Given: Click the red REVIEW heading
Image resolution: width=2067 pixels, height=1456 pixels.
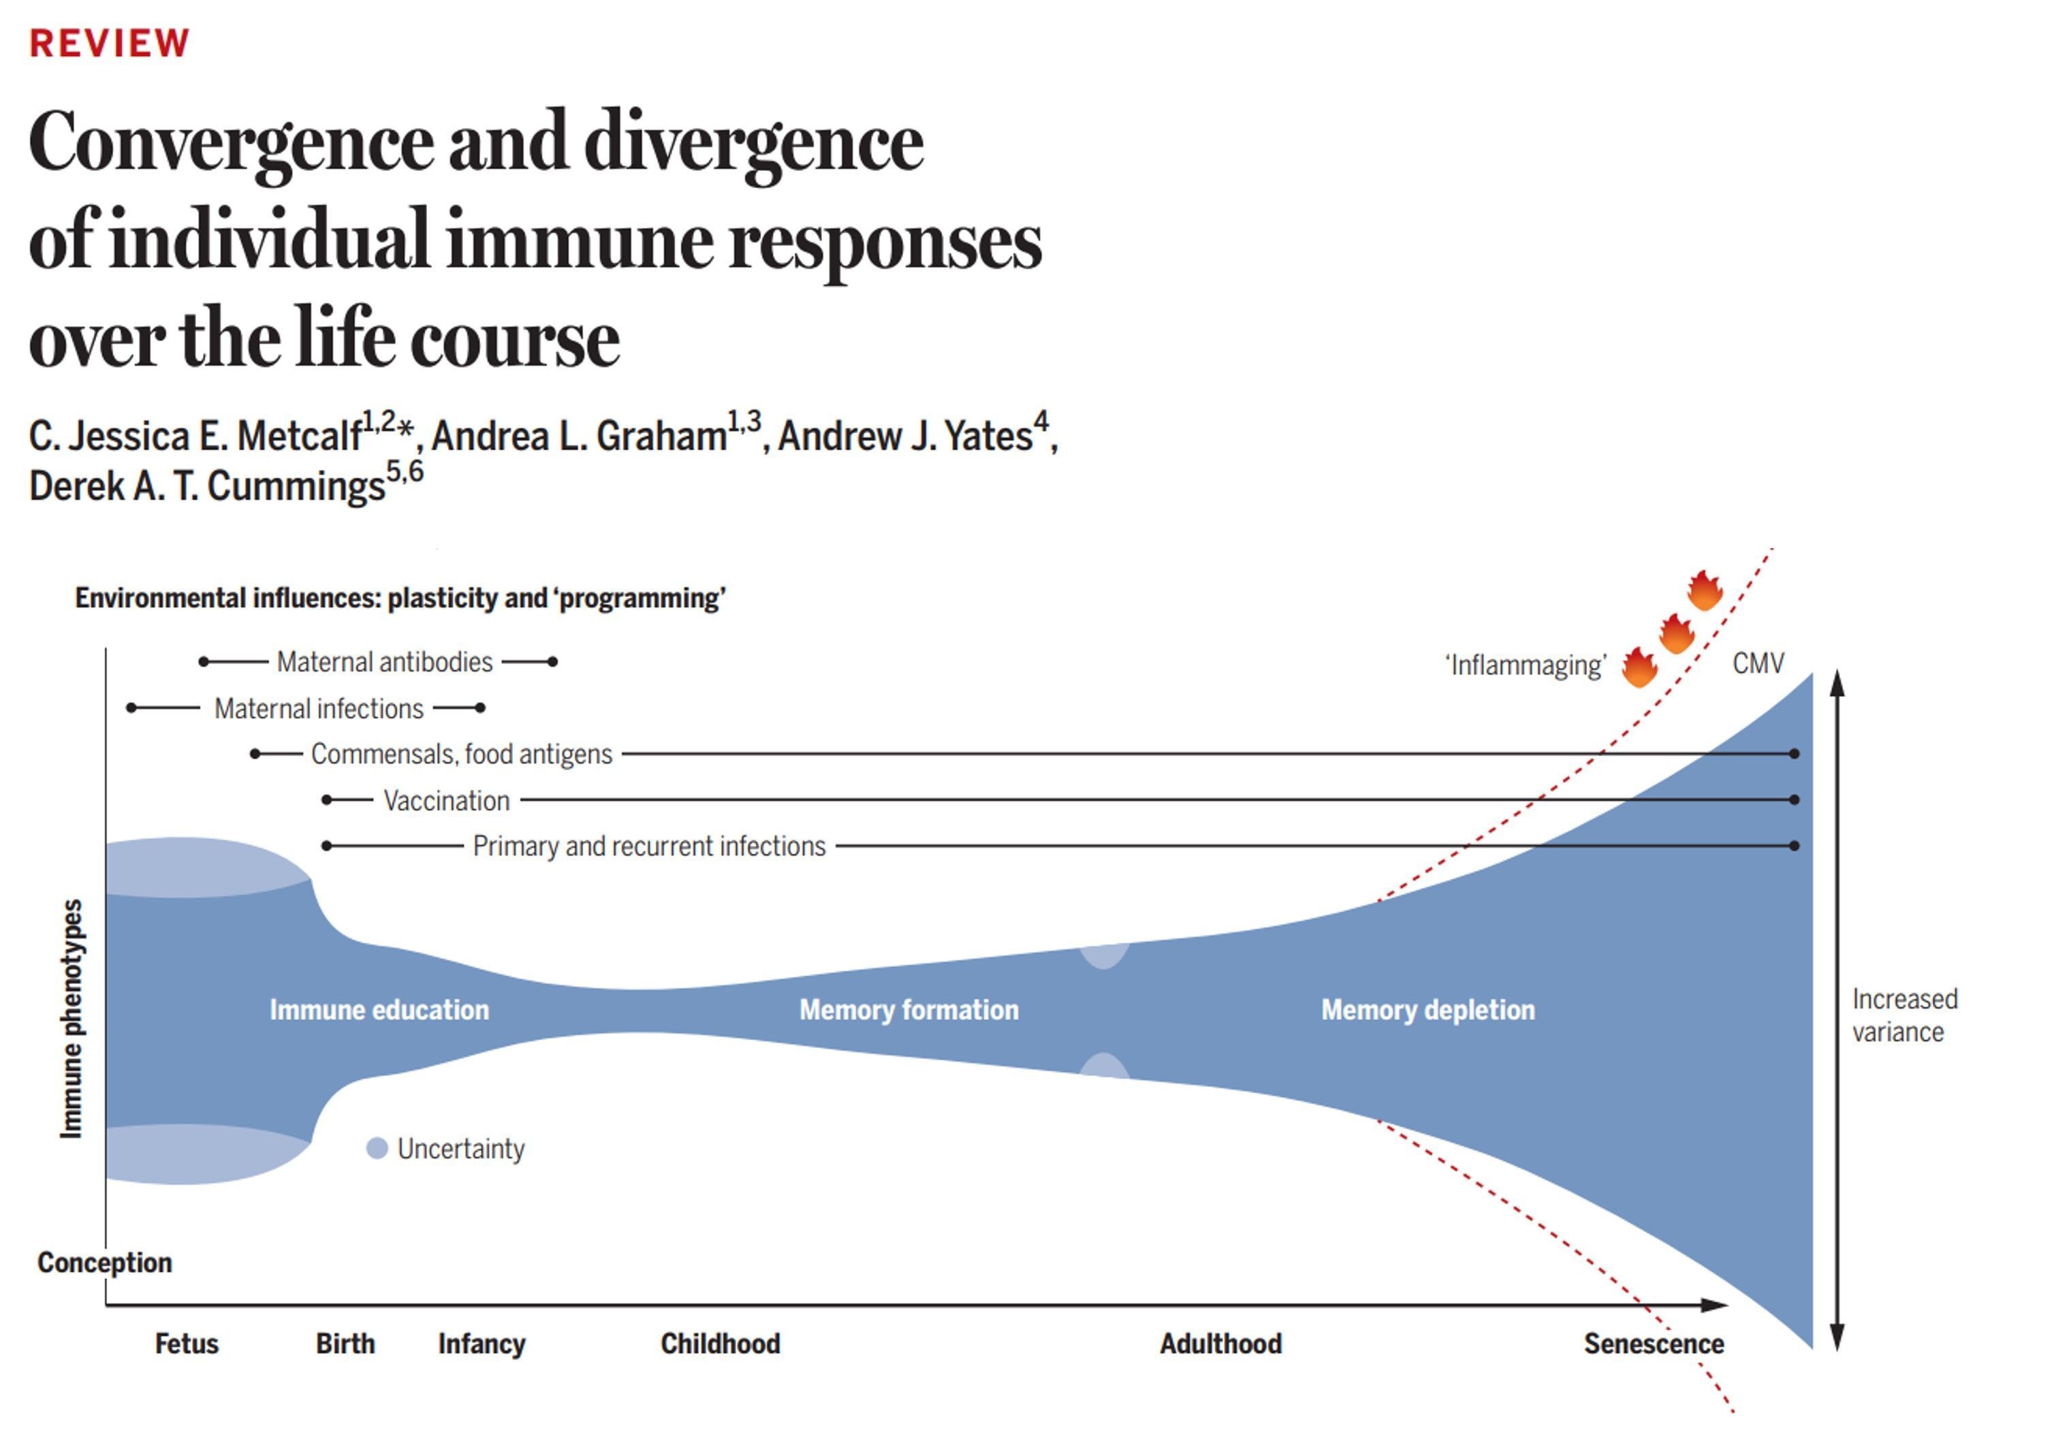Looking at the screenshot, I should (109, 43).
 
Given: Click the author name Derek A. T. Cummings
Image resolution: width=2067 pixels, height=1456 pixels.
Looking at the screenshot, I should (207, 487).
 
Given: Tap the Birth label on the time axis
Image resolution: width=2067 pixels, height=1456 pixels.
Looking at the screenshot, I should (345, 1344).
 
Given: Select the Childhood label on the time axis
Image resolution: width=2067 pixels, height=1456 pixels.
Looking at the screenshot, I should (720, 1344).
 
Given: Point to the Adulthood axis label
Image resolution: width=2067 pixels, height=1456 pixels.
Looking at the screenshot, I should (1220, 1344).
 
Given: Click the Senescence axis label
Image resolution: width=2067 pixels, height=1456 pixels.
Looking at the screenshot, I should (1653, 1344).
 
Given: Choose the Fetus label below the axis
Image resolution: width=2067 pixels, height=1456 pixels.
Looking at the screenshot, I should (187, 1344).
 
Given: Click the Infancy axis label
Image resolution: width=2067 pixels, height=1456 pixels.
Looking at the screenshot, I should (482, 1344).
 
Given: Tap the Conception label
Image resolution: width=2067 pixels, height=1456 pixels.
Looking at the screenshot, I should (104, 1263).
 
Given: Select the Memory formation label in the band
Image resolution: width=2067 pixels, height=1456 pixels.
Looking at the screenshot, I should (909, 1009).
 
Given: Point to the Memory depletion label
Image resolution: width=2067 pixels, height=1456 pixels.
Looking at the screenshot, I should (1427, 1009).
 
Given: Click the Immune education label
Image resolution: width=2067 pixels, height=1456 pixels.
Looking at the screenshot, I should (379, 1009).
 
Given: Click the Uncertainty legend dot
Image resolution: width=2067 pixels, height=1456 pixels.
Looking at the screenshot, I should (377, 1148).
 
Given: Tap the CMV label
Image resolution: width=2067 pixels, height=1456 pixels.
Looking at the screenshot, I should (1757, 663).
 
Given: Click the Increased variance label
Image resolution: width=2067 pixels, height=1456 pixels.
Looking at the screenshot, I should (1904, 1015).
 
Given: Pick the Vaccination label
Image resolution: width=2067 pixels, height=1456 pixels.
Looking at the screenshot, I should (447, 800).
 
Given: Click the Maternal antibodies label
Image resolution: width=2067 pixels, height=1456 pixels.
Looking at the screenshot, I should (384, 662).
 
